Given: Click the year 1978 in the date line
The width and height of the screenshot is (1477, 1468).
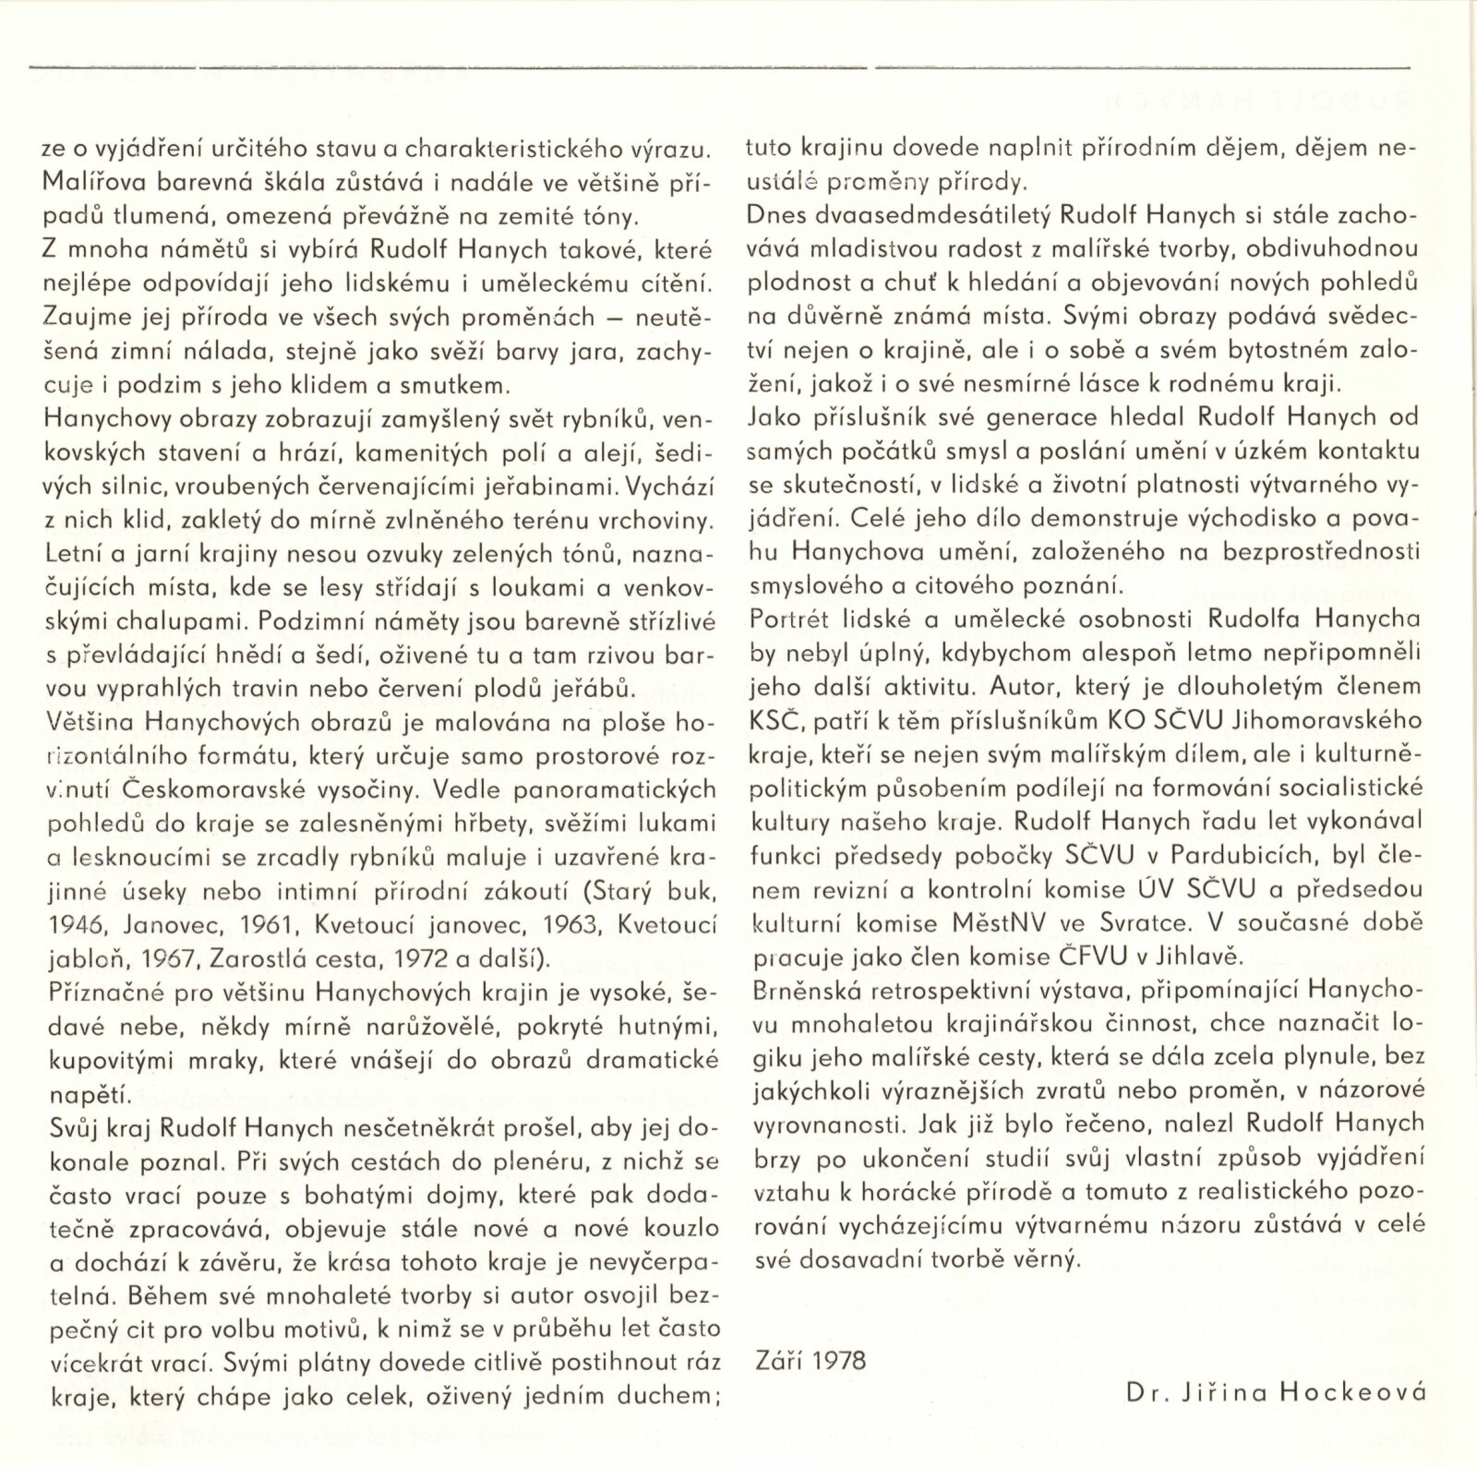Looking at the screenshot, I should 837,1362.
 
